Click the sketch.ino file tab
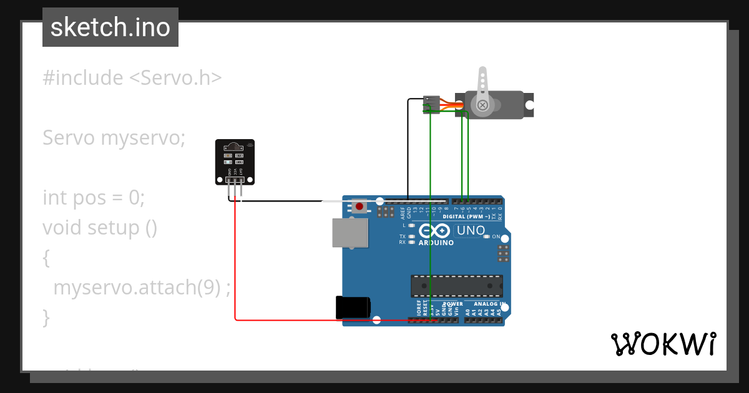[x=110, y=27]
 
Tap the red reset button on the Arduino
[x=359, y=206]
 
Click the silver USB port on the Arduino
[x=350, y=233]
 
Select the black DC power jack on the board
[x=353, y=308]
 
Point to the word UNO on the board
[x=471, y=230]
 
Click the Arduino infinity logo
[x=434, y=231]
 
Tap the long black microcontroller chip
[x=456, y=286]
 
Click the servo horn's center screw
[x=482, y=105]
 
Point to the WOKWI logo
[x=663, y=344]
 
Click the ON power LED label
[x=496, y=236]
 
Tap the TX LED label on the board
[x=403, y=236]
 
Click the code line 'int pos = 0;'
[x=94, y=198]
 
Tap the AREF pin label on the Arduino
[x=403, y=213]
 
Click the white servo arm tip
[x=482, y=72]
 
